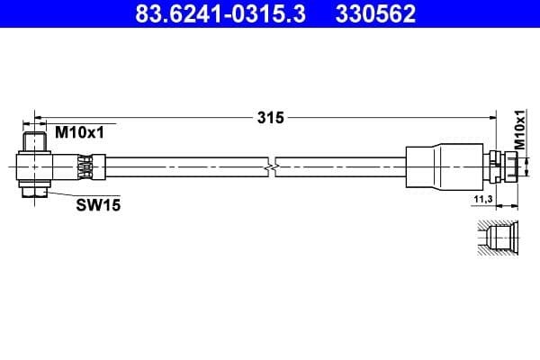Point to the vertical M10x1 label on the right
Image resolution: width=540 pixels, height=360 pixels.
point(519,130)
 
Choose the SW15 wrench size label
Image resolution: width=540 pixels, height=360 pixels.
point(97,205)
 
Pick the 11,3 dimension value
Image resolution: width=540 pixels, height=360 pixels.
point(482,200)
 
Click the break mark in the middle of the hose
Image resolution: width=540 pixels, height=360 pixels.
point(273,167)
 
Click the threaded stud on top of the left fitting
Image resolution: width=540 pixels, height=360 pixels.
point(35,142)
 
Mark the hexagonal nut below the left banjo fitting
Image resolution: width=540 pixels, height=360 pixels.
point(35,190)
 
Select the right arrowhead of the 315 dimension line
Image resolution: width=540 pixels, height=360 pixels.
point(493,117)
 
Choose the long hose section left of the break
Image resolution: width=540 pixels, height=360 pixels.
point(180,167)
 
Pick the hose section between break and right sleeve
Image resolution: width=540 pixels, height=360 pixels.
point(342,167)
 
